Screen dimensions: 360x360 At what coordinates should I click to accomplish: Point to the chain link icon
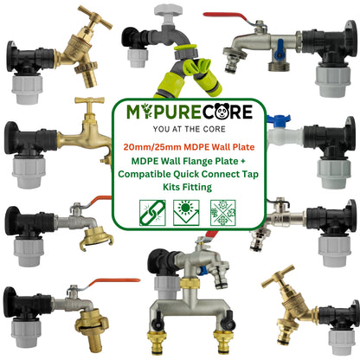(151, 212)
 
